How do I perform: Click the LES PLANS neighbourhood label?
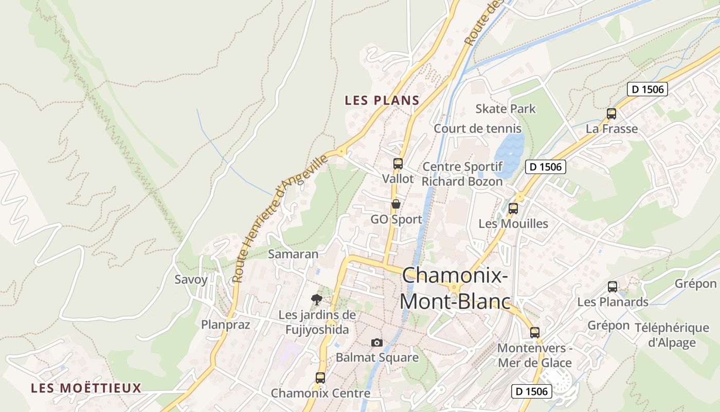pos(382,100)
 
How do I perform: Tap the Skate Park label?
pos(505,109)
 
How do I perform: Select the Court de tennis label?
pos(477,129)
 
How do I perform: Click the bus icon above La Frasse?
pos(611,114)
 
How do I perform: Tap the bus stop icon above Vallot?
pos(398,164)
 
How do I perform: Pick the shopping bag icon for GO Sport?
pos(395,204)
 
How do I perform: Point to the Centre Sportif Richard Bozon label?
pos(462,174)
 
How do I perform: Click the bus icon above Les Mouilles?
pos(513,209)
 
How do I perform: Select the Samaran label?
pos(293,254)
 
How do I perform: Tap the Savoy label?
pos(191,280)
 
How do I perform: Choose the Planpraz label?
pos(225,324)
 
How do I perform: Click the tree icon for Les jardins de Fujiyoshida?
pos(317,299)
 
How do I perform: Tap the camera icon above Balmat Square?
pos(377,342)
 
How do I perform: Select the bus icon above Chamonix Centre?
pos(320,378)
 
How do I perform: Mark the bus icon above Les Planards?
pos(612,287)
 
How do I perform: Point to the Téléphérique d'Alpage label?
pos(672,335)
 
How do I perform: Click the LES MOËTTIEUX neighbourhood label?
pos(86,388)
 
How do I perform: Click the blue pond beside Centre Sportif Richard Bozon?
pos(509,154)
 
